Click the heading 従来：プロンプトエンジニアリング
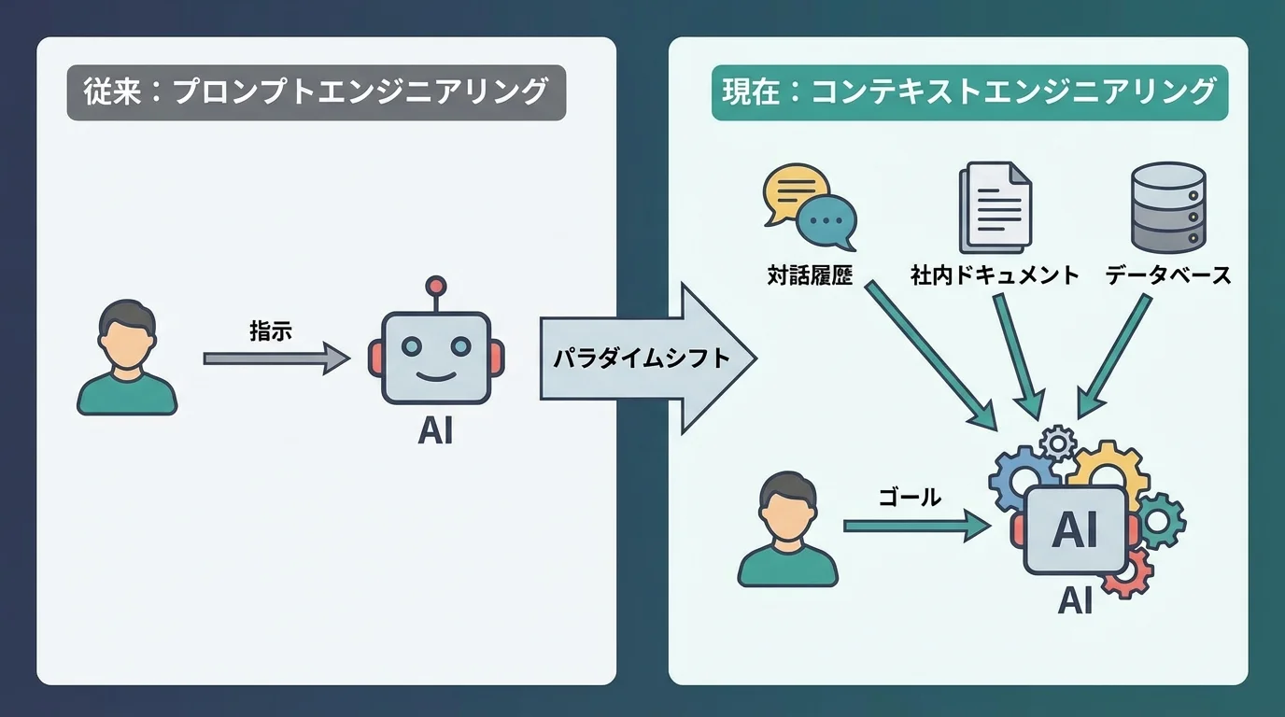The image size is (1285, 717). (x=316, y=92)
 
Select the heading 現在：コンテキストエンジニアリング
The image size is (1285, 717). (x=969, y=92)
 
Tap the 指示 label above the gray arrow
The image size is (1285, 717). (x=271, y=330)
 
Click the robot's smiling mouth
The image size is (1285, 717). (x=434, y=377)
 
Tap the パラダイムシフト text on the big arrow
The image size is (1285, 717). (x=640, y=358)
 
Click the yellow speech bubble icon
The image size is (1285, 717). (x=794, y=189)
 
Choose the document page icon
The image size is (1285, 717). (x=995, y=207)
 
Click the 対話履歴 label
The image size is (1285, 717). (x=810, y=275)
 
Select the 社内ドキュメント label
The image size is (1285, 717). (x=995, y=275)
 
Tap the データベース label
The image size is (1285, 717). (x=1168, y=275)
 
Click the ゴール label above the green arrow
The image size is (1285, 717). (x=910, y=498)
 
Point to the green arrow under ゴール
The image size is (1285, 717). (x=915, y=527)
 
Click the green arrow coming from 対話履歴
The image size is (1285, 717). (x=929, y=355)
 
